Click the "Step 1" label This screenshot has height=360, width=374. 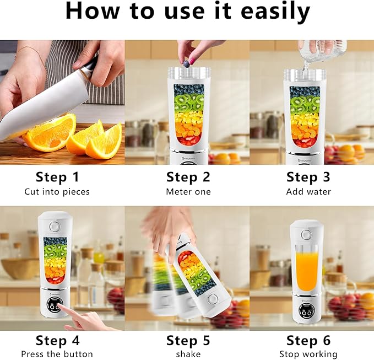[57, 177]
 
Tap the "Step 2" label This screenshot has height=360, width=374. [188, 177]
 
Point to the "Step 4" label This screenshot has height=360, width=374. [57, 340]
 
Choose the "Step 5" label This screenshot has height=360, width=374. [188, 340]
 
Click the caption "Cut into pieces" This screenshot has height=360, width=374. [57, 192]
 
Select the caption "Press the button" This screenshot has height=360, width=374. [57, 354]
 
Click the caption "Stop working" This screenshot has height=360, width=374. [308, 354]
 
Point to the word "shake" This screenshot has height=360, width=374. [188, 354]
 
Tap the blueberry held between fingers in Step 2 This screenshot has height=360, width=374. [186, 64]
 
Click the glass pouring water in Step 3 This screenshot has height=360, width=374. [322, 51]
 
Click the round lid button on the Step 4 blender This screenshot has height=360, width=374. [54, 227]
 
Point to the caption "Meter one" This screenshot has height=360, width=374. [188, 192]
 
